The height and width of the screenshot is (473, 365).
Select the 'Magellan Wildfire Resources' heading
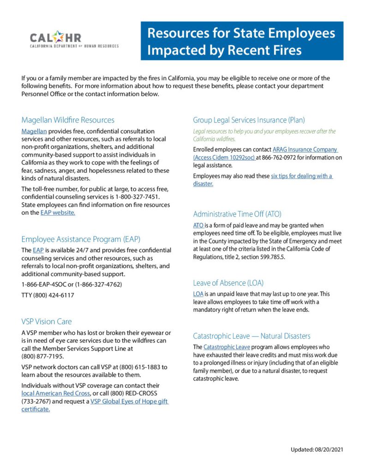coord(68,120)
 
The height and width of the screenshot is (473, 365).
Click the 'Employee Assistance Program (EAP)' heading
coord(81,239)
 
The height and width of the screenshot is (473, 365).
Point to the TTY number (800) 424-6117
coord(48,295)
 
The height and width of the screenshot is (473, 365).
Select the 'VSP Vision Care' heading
coord(47,321)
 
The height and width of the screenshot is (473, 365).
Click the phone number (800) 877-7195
coord(42,356)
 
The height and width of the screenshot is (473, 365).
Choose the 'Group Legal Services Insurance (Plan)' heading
coord(249,120)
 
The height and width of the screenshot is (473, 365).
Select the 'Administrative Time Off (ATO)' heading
coord(237,214)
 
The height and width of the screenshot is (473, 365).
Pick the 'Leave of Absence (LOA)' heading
coord(228,283)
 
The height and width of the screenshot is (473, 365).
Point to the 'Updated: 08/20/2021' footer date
coord(317,449)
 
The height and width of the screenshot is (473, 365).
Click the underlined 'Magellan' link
coord(34,131)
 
